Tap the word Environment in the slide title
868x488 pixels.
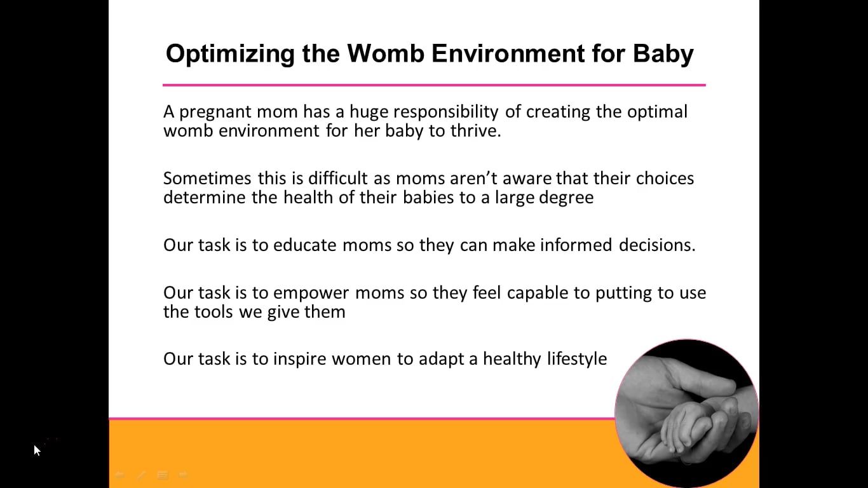(508, 53)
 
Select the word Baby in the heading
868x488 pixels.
(663, 54)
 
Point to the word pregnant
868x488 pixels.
(215, 112)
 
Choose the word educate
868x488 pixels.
(304, 245)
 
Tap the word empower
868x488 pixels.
(311, 294)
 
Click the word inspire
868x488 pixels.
(299, 360)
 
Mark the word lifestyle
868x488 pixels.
(577, 360)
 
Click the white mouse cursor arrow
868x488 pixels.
(37, 450)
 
